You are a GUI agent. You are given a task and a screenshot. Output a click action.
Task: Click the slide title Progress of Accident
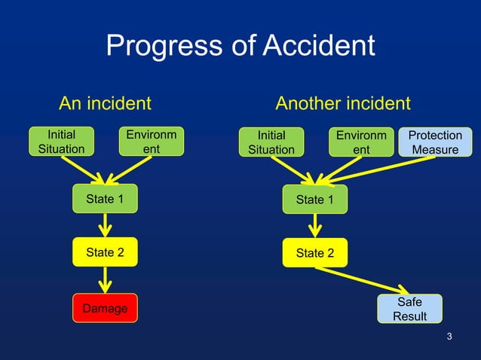click(240, 46)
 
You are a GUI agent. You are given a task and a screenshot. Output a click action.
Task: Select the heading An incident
click(105, 103)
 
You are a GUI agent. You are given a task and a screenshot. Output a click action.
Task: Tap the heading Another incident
click(342, 103)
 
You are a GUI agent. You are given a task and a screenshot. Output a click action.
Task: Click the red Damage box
click(105, 308)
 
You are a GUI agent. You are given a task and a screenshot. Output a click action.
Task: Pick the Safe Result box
click(409, 309)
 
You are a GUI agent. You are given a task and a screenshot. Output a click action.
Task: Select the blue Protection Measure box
click(435, 142)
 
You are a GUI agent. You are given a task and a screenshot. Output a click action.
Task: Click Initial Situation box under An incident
click(61, 142)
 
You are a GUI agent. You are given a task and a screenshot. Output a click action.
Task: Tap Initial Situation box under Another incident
click(271, 142)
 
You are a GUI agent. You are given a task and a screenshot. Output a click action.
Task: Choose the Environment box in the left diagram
click(152, 142)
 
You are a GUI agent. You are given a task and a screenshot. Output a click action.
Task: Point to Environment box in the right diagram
click(362, 142)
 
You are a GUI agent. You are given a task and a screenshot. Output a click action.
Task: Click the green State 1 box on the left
click(105, 199)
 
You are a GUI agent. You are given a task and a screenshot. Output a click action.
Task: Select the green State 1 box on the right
click(315, 200)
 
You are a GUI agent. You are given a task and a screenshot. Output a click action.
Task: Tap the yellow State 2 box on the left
click(105, 252)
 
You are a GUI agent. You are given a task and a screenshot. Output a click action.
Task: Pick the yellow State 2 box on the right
click(315, 253)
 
